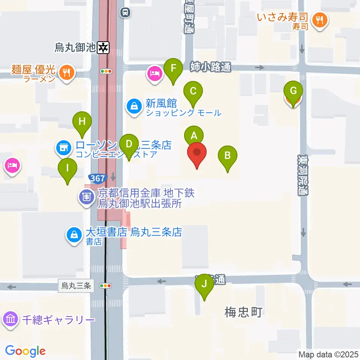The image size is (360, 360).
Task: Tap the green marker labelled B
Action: [227, 155]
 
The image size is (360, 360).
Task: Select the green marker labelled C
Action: [193, 91]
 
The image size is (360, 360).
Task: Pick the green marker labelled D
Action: [129, 144]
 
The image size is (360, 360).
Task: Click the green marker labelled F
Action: [173, 69]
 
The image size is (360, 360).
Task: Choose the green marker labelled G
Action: [293, 91]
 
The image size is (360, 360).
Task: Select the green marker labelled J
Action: [204, 284]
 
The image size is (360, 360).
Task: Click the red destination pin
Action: [197, 152]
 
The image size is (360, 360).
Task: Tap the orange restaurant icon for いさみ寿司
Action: [320, 20]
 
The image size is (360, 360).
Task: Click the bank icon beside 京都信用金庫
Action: [87, 196]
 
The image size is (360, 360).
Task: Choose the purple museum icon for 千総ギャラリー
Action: [10, 319]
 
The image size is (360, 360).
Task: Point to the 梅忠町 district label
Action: [243, 312]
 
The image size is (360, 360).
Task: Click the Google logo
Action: [25, 351]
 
